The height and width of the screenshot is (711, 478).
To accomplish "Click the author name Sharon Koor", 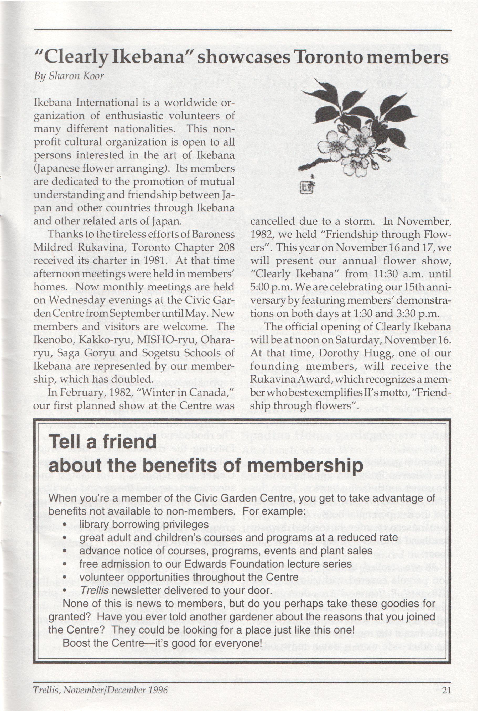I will pyautogui.click(x=76, y=76).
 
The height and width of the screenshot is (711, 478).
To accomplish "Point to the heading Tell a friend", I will pyautogui.click(x=103, y=442).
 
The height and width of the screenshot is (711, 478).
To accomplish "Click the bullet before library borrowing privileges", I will pyautogui.click(x=65, y=525).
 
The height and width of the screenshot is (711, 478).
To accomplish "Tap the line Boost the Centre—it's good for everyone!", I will pyautogui.click(x=162, y=643).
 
